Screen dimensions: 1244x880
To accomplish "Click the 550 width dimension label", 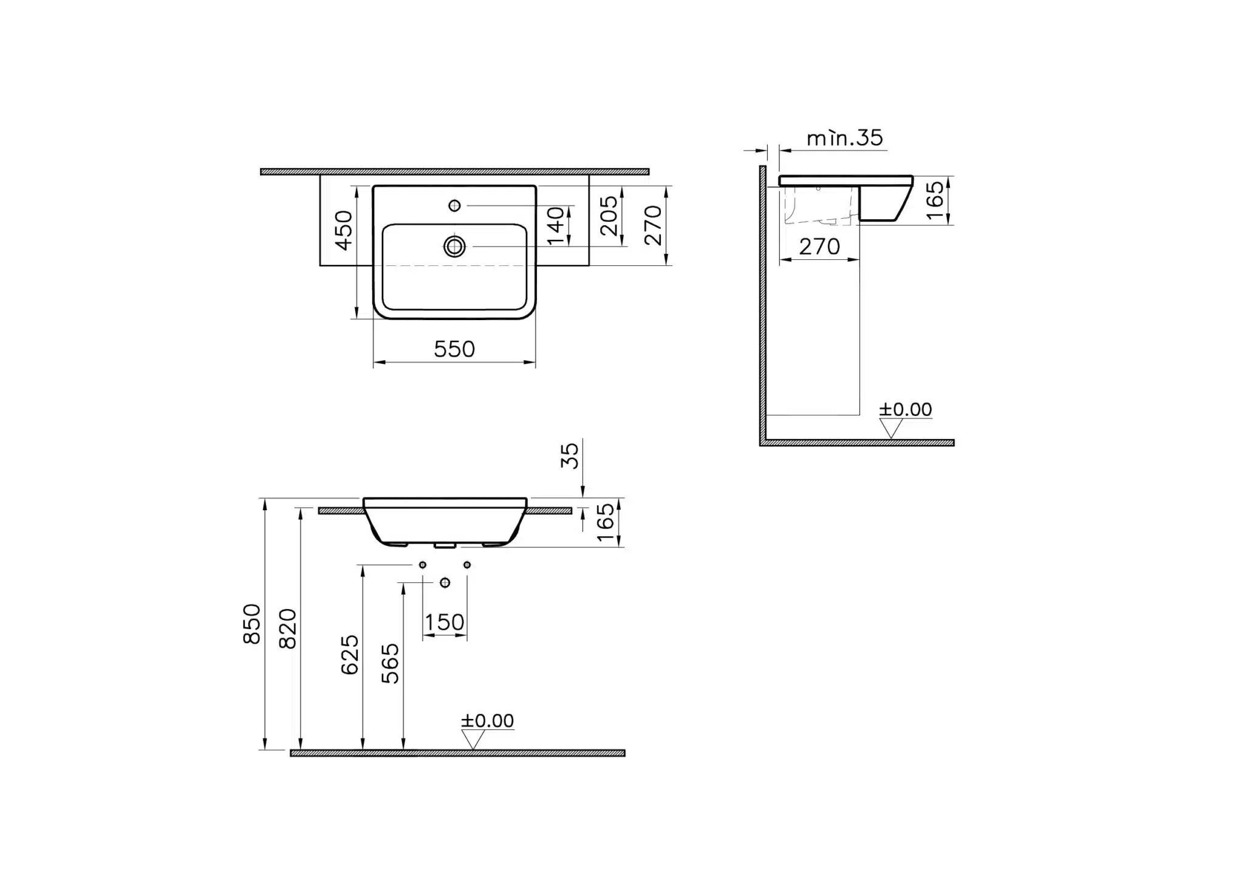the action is pos(454,349).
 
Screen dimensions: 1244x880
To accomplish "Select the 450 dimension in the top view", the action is pos(344,230).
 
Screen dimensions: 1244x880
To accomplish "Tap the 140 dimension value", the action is pos(556,226).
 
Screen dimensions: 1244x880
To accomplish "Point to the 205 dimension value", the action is pos(609,216).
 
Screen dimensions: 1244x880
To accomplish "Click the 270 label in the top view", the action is pos(653,225).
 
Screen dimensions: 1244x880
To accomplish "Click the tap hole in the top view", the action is pos(454,206).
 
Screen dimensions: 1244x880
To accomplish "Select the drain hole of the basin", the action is pos(454,247).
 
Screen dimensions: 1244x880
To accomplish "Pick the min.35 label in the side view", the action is pos(845,138).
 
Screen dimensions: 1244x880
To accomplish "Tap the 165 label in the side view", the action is pos(936,200).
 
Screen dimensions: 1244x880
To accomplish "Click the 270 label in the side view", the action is pos(819,247).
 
